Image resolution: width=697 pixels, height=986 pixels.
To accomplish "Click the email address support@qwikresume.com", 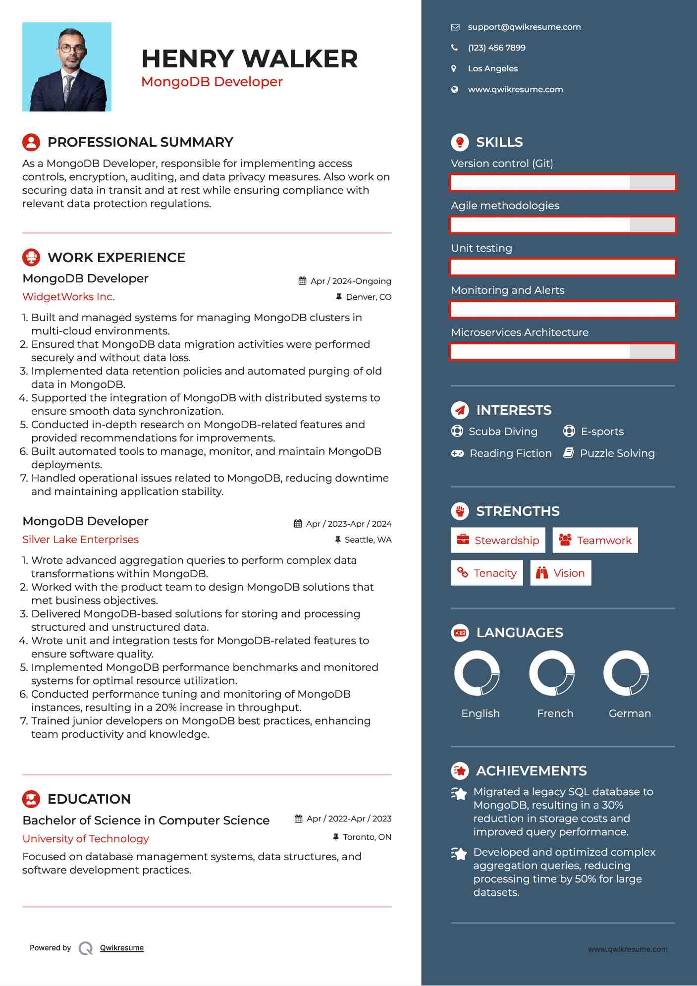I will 524,27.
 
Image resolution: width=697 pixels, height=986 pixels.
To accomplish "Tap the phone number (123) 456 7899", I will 496,48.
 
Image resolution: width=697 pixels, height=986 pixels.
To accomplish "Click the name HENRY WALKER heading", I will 249,59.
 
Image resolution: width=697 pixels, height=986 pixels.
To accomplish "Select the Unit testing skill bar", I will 563,268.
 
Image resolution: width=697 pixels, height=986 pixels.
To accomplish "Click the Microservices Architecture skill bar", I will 563,352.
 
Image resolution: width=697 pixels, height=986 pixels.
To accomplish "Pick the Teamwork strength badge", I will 595,540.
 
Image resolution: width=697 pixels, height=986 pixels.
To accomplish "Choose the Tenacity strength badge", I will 486,573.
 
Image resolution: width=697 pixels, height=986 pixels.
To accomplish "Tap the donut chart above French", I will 551,673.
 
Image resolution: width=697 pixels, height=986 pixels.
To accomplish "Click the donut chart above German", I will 626,673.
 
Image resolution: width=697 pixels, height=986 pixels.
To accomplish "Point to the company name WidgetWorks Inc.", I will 68,297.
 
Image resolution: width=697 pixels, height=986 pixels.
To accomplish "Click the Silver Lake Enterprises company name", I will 80,540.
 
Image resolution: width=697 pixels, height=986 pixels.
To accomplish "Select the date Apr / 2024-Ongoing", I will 350,281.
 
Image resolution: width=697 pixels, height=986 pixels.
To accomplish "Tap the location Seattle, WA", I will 368,540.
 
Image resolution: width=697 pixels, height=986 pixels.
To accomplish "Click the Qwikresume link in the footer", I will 121,948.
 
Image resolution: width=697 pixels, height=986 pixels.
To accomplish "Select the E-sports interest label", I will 602,432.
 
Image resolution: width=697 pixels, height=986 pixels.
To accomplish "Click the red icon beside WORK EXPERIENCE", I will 31,257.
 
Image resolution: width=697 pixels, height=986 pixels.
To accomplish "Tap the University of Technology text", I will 85,839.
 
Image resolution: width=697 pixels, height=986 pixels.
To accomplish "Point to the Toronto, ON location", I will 367,837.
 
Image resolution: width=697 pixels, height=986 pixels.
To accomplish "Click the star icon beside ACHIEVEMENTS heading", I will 460,770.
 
